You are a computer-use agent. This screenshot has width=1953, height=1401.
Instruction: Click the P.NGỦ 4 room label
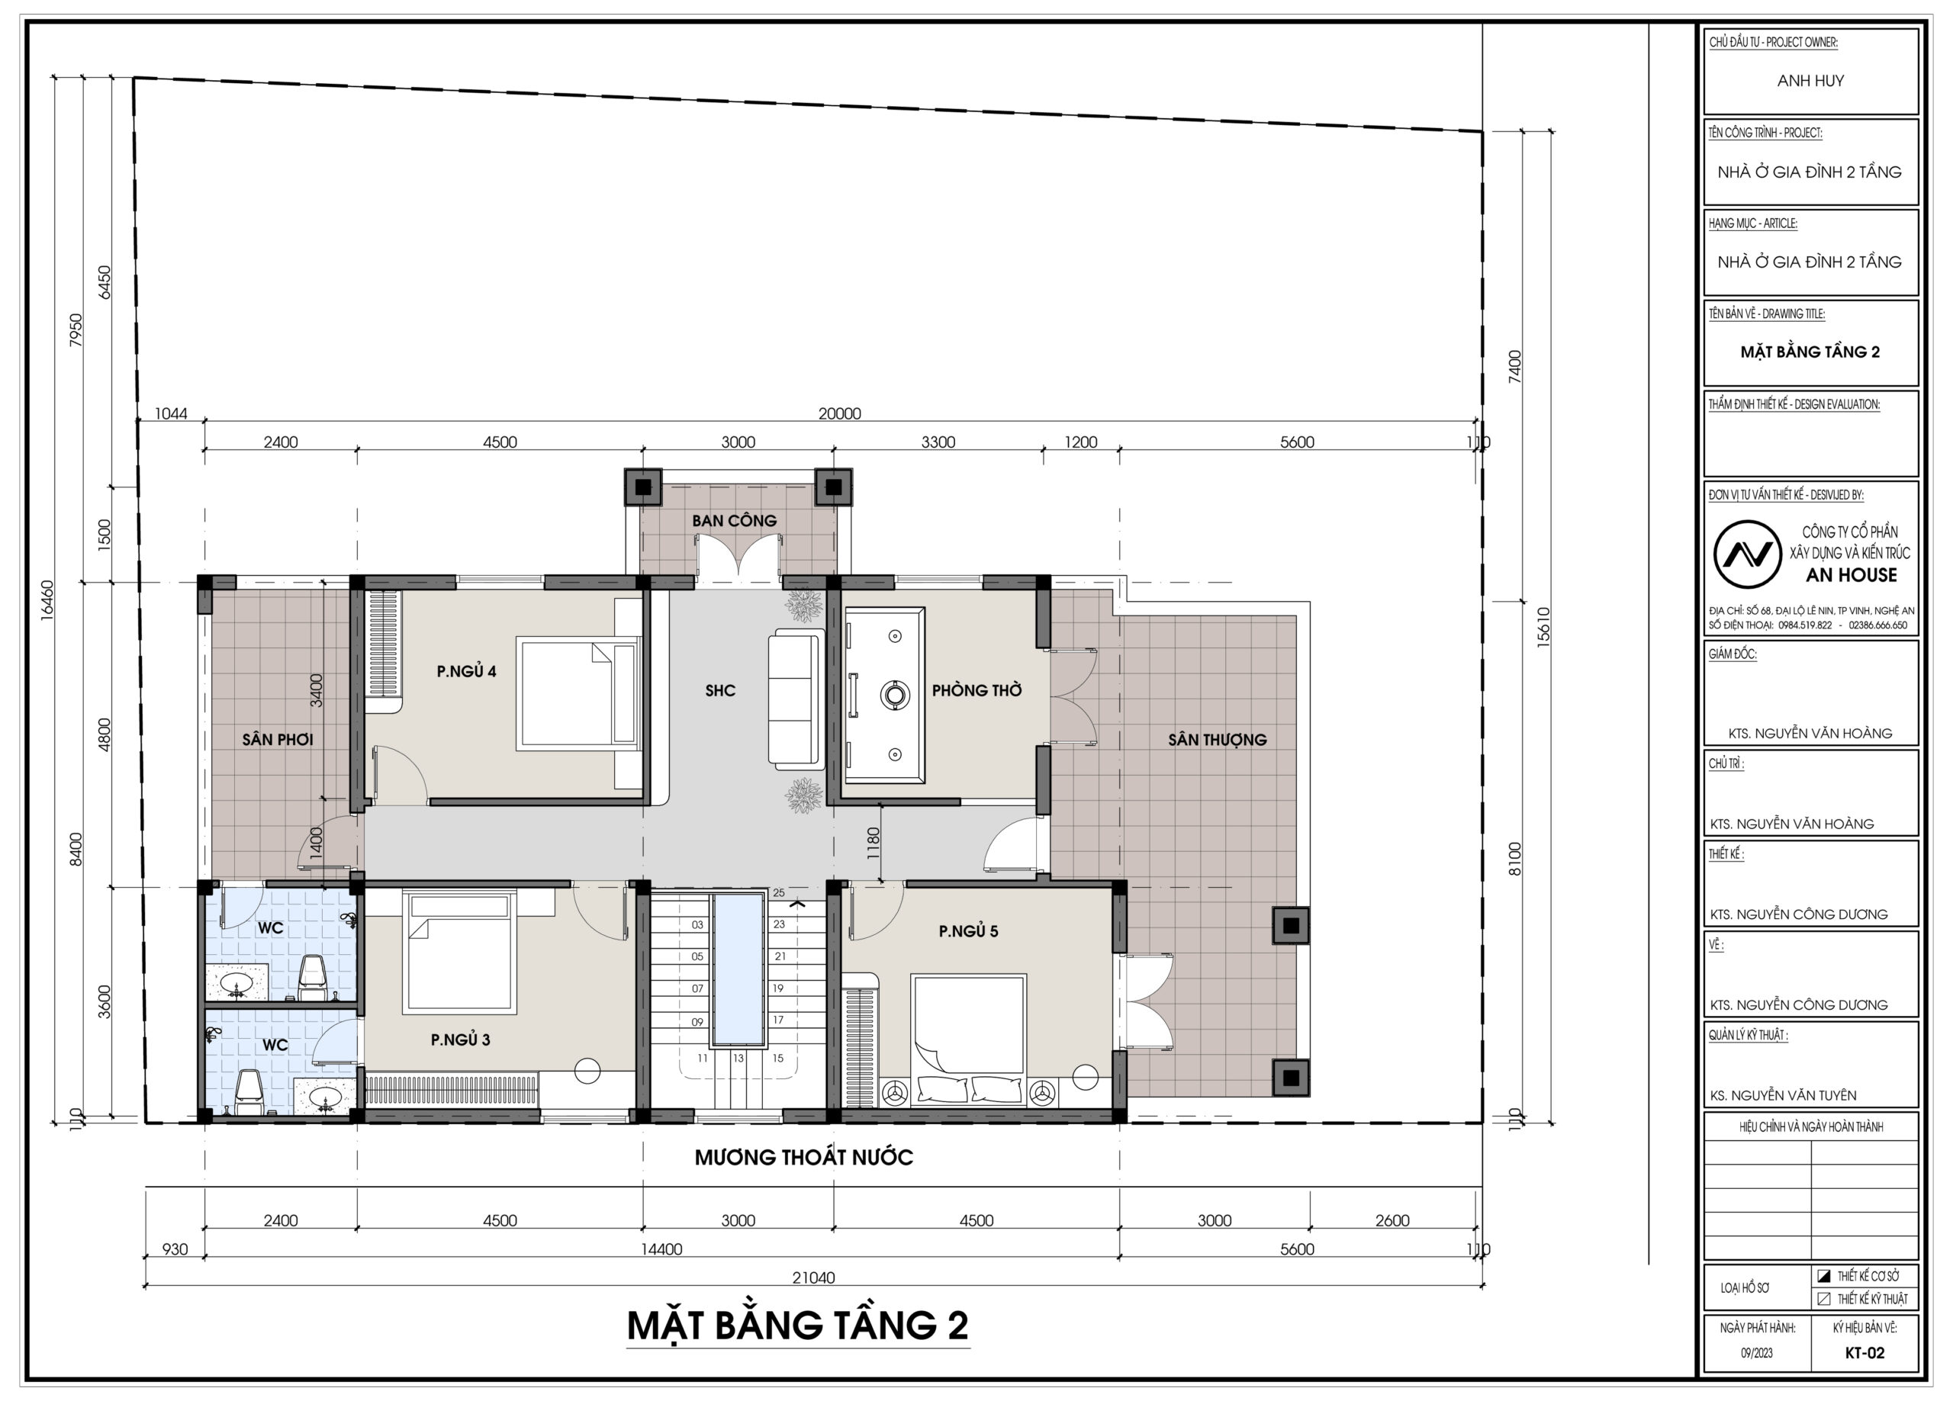466,672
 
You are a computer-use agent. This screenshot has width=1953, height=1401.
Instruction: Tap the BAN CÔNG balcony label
734,521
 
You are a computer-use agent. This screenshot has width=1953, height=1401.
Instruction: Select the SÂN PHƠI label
277,740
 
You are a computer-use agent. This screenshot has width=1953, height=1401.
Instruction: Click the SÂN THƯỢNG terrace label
1217,740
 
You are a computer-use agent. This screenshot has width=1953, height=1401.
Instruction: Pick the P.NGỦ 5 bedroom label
968,931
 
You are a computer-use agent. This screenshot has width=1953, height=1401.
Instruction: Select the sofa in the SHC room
796,699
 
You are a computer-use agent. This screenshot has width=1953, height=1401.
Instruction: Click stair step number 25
778,893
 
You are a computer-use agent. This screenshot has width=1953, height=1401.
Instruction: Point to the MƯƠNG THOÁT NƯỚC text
803,1157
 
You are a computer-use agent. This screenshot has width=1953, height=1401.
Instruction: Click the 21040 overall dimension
814,1278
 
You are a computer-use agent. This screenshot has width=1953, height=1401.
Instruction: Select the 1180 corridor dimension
874,843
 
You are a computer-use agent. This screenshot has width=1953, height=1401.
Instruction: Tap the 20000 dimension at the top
840,414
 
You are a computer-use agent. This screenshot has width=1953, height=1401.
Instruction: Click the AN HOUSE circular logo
1746,555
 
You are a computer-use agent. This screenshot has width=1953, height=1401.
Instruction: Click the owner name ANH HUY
1810,81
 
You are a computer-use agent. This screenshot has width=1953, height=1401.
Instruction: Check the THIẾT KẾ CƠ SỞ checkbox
1823,1276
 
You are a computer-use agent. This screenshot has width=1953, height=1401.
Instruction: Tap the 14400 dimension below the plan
661,1249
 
